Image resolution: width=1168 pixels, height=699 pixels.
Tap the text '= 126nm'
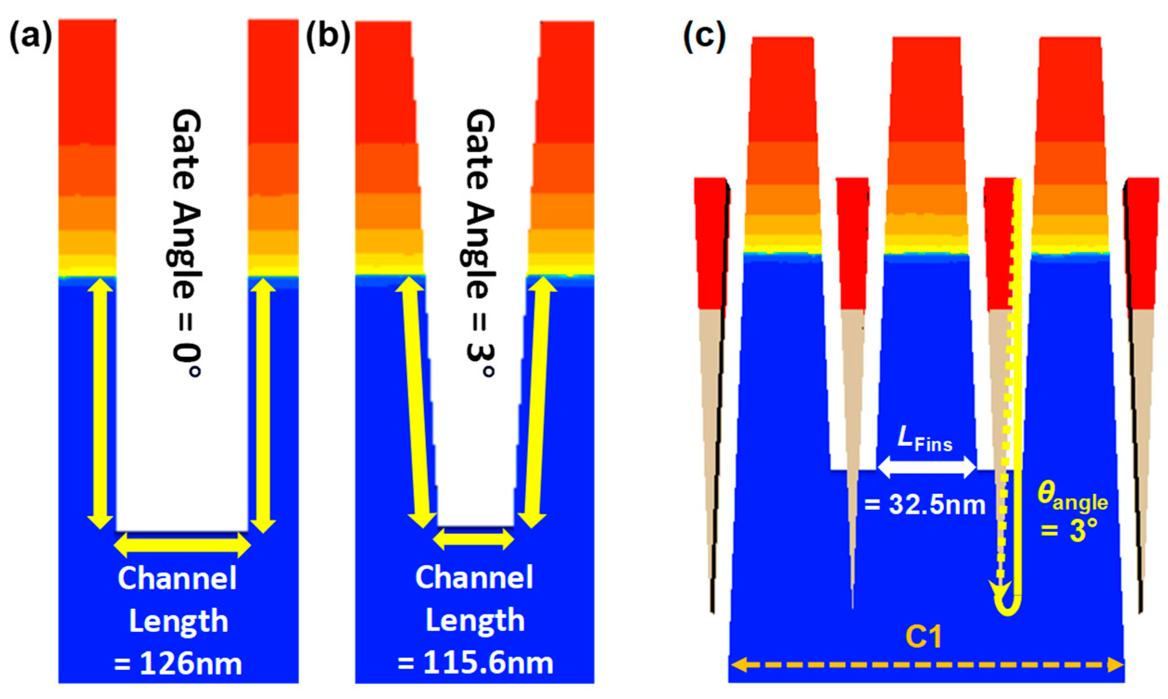point(178,664)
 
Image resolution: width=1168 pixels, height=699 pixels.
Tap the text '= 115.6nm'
point(474,663)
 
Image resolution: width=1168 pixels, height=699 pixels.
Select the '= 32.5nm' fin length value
point(925,505)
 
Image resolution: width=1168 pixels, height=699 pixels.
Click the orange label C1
point(924,637)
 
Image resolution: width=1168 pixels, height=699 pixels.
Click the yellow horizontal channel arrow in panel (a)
point(183,545)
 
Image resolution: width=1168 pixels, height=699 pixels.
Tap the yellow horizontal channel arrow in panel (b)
point(474,539)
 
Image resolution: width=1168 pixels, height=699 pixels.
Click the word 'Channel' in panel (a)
point(177,579)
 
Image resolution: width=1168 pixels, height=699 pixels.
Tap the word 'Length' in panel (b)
point(474,620)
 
